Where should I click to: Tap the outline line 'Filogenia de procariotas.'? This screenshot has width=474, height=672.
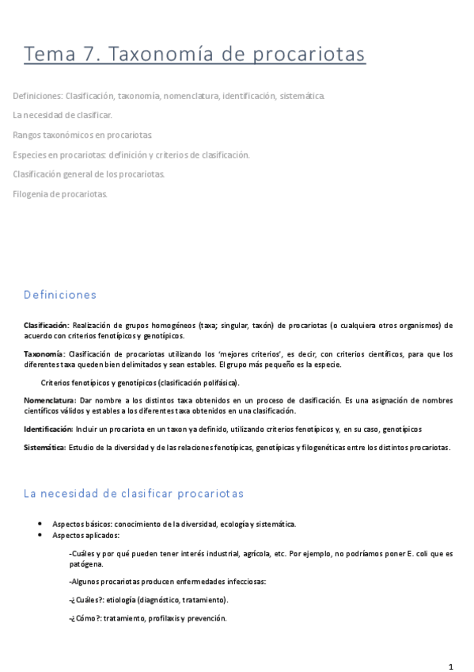(60, 193)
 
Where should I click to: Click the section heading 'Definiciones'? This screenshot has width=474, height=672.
(60, 295)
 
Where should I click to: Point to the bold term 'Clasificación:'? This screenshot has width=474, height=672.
(47, 325)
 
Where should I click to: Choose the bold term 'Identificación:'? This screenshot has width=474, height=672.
(48, 430)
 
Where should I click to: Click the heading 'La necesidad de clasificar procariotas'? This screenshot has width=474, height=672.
(134, 493)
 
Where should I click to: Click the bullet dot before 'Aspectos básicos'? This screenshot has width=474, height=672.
(40, 524)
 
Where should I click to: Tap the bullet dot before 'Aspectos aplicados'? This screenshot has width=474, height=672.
(40, 535)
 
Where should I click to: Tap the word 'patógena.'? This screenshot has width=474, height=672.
(85, 564)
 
